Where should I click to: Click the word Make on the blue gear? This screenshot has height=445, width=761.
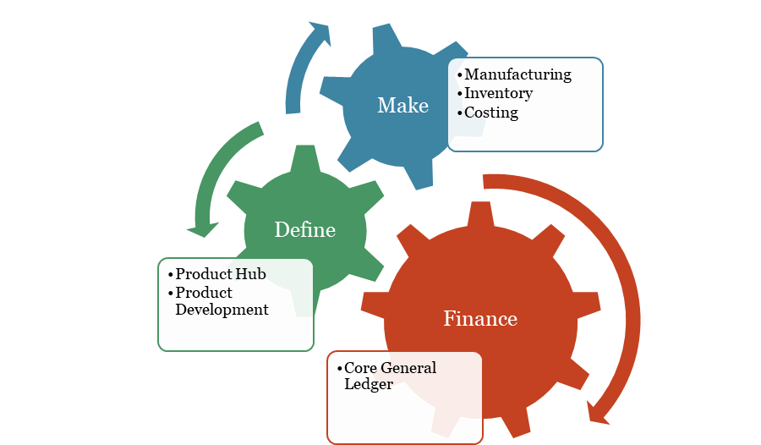coord(402,106)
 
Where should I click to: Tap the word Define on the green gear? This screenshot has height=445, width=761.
coord(304,229)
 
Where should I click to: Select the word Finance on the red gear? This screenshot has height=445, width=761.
coord(480,319)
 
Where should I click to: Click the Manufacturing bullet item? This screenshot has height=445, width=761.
coord(517,74)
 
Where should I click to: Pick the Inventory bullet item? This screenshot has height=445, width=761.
coord(498,93)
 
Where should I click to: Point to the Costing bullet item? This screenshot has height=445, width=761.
coord(491,113)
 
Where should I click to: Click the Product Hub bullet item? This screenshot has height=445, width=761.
coord(221,273)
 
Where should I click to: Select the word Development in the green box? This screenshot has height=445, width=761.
coord(222,310)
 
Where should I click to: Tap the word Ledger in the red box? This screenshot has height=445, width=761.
coord(369,384)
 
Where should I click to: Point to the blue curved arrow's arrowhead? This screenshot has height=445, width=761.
coord(321,32)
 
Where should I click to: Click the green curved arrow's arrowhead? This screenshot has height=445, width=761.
coord(203,229)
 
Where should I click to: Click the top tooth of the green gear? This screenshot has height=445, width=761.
coord(305,158)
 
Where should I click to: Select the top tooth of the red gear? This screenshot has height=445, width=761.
coord(480,214)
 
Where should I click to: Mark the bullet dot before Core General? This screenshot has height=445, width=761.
coord(339,368)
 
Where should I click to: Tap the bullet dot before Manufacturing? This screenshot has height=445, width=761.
coord(460,75)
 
